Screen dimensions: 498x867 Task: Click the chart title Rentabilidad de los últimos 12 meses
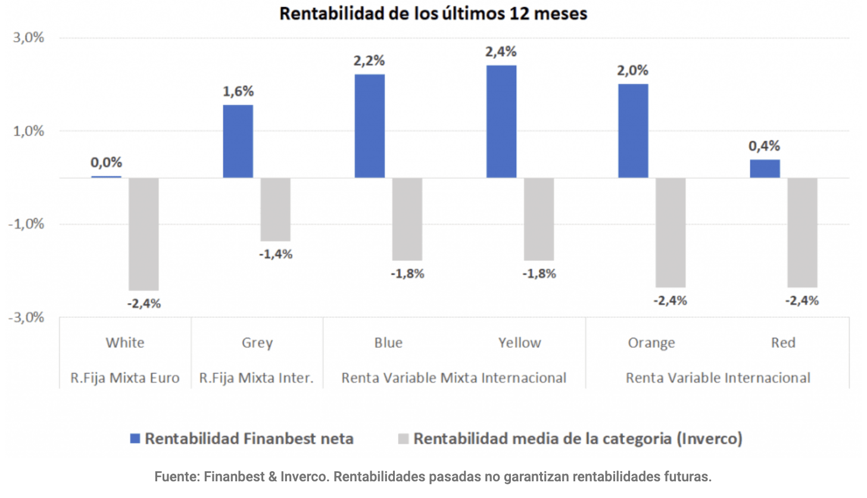click(x=433, y=13)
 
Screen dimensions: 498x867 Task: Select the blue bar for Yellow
click(x=501, y=122)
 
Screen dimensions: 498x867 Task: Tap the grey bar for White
click(x=144, y=234)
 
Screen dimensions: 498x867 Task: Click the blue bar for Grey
click(x=238, y=141)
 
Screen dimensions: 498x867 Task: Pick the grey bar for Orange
click(x=670, y=232)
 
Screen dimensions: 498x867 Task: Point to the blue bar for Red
click(x=765, y=169)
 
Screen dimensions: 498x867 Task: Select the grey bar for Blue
click(x=407, y=219)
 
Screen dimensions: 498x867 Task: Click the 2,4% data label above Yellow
click(x=501, y=52)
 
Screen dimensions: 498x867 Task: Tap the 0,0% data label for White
click(x=106, y=162)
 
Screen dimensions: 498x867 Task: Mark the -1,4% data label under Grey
click(x=276, y=254)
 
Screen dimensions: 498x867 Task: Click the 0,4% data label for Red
click(x=765, y=146)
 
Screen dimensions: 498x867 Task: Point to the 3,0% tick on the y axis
click(x=29, y=38)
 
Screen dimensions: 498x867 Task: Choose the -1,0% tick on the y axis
click(x=27, y=225)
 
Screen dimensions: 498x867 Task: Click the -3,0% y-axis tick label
click(x=27, y=318)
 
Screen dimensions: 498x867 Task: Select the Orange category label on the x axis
click(x=651, y=343)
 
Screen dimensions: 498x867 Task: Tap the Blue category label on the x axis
click(x=388, y=343)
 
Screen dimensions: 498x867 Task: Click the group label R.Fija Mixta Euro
click(x=124, y=378)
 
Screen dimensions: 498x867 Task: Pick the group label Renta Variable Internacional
click(x=718, y=378)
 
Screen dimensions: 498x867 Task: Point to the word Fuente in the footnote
click(x=175, y=477)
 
